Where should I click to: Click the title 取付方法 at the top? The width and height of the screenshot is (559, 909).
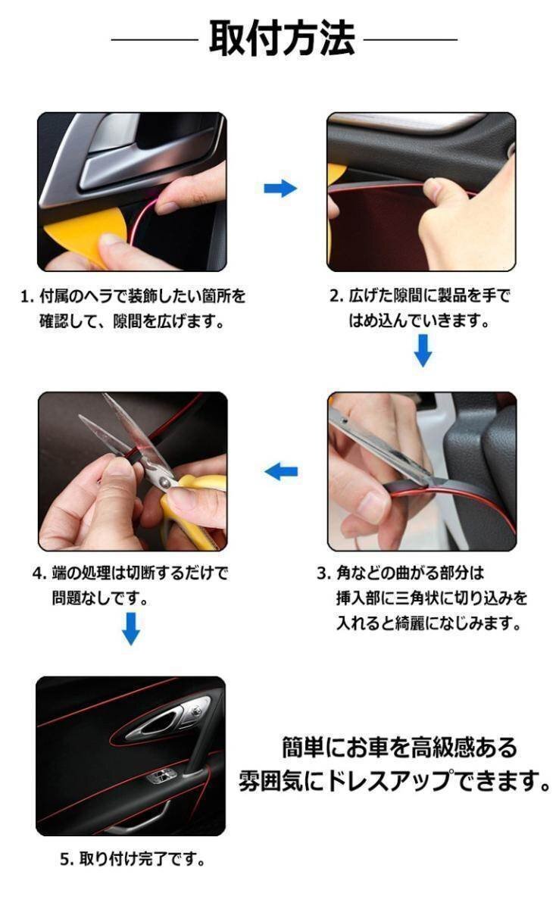[281, 39]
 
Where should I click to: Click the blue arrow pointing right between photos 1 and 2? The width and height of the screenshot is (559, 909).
[279, 189]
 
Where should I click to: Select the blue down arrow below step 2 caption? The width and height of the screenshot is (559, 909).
[423, 350]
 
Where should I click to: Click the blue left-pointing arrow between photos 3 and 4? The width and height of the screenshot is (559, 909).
[280, 472]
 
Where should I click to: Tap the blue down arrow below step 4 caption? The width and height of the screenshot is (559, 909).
[131, 628]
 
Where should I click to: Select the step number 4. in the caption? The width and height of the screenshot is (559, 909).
[39, 573]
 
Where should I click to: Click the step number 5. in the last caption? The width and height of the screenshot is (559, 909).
[66, 860]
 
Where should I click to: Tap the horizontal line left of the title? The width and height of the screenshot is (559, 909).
[155, 39]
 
